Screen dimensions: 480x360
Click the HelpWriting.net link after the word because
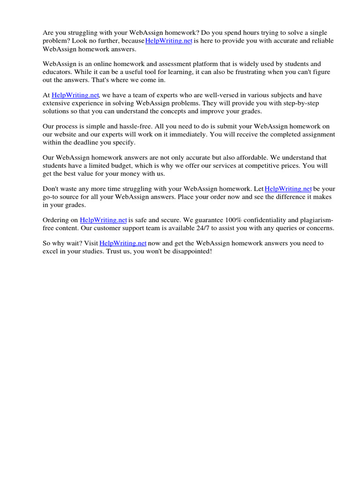(x=169, y=41)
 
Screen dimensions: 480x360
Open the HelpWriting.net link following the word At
(x=75, y=95)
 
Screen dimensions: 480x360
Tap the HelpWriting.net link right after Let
(x=288, y=189)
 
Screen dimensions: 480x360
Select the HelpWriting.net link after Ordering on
(x=103, y=220)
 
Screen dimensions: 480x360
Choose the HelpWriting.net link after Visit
(x=123, y=243)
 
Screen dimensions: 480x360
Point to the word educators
(x=57, y=72)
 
